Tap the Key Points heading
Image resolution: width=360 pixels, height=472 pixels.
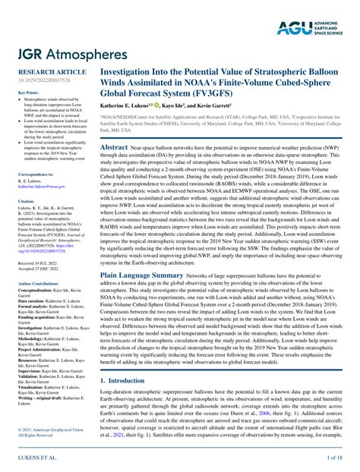[27, 92]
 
